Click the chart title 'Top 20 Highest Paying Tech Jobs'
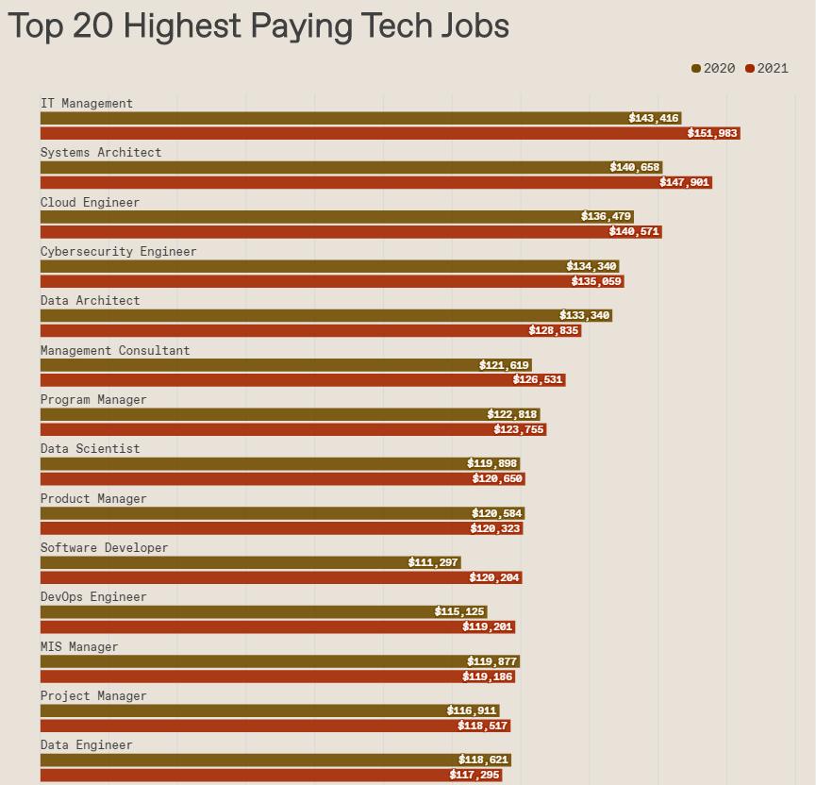[x=258, y=25]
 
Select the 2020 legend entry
[x=713, y=68]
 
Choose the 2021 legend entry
[x=767, y=68]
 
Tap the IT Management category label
[x=87, y=103]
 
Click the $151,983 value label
[x=712, y=133]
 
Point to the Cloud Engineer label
[x=90, y=202]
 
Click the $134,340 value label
[x=591, y=266]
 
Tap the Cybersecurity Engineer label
[x=119, y=251]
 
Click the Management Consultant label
[x=115, y=350]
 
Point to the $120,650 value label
[x=497, y=478]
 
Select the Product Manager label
[x=93, y=498]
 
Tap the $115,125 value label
[x=459, y=611]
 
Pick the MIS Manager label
[x=79, y=646]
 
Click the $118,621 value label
[x=483, y=760]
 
